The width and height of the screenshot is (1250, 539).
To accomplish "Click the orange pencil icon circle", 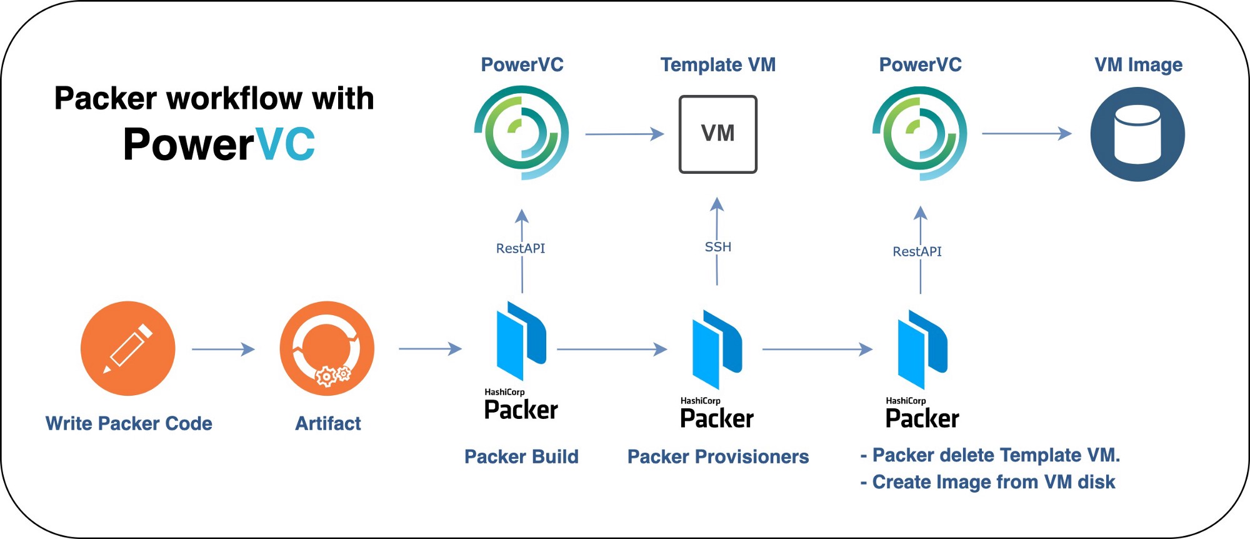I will tap(128, 348).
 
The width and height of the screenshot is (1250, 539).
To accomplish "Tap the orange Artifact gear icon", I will tap(327, 348).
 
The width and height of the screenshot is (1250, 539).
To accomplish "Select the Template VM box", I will tap(717, 134).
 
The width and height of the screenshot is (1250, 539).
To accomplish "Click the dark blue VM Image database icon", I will tap(1137, 134).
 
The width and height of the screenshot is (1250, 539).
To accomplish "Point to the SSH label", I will tap(717, 247).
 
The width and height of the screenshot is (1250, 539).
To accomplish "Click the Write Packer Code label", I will tap(129, 423).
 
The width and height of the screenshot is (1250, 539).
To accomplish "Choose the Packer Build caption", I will tap(521, 456).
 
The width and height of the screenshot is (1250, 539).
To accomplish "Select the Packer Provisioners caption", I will tap(718, 456).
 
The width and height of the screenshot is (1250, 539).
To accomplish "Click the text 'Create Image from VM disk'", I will tap(993, 482).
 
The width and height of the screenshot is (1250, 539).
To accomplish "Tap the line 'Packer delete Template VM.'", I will tap(996, 455).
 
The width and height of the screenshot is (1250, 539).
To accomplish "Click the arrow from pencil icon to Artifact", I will tap(223, 349).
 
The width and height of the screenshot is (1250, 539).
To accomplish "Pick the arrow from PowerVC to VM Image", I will tap(1026, 133).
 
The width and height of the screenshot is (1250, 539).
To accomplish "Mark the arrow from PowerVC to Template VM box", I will tap(624, 134).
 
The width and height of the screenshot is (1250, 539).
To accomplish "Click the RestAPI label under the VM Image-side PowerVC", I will tap(917, 251).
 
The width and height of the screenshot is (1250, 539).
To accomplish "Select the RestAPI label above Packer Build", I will tap(521, 248).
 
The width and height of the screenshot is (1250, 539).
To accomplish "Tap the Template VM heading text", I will tap(718, 64).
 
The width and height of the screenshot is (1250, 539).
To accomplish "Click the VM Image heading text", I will tap(1138, 64).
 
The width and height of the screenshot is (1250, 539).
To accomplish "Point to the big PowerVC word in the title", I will tap(219, 144).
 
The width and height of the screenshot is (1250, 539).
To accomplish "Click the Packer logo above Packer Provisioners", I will tap(717, 350).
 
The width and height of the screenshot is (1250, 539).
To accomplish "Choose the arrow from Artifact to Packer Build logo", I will tap(430, 348).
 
